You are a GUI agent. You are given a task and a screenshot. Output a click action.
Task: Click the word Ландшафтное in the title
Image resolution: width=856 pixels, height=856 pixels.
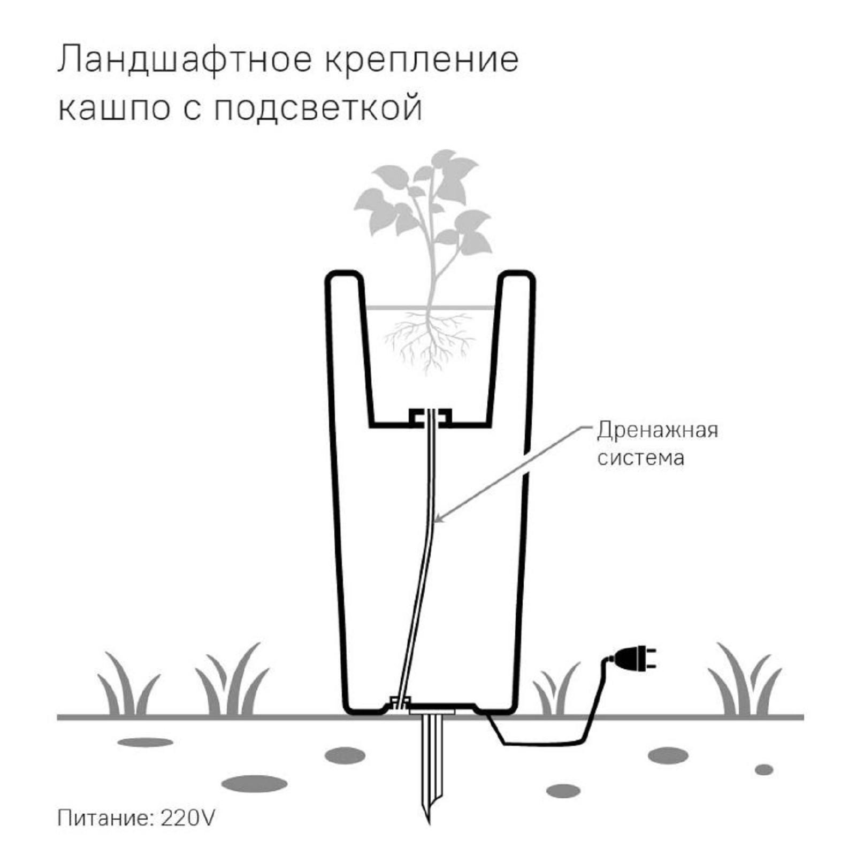(x=184, y=59)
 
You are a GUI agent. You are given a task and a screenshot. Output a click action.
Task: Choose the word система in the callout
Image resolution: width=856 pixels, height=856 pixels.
(x=641, y=458)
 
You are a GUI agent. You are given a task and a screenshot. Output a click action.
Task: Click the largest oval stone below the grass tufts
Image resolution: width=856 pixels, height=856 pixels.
(x=254, y=784)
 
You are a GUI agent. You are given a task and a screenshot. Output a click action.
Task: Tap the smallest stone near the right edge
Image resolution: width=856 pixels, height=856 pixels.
(x=764, y=770)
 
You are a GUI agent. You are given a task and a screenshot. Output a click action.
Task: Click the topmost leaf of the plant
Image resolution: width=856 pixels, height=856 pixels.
(x=444, y=158)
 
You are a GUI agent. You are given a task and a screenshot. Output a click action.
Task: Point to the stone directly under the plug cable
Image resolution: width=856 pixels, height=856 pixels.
(x=563, y=791)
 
